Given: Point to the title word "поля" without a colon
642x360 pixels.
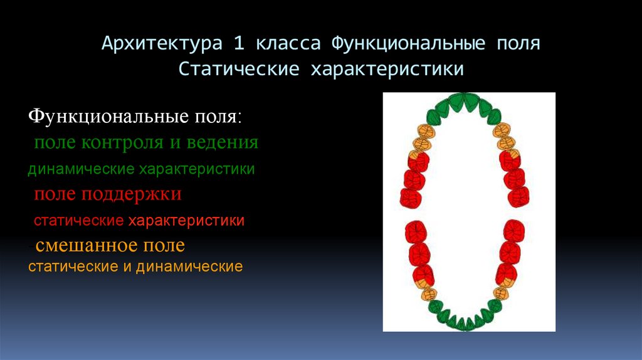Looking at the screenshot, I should pyautogui.click(x=517, y=45).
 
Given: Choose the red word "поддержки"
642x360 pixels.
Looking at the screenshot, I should pyautogui.click(x=131, y=194).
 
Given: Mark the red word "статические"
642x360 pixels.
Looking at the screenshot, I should pyautogui.click(x=78, y=221).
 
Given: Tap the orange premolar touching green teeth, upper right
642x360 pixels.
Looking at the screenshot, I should pyautogui.click(x=501, y=131).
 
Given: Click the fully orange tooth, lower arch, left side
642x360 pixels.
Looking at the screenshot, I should pyautogui.click(x=428, y=293).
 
